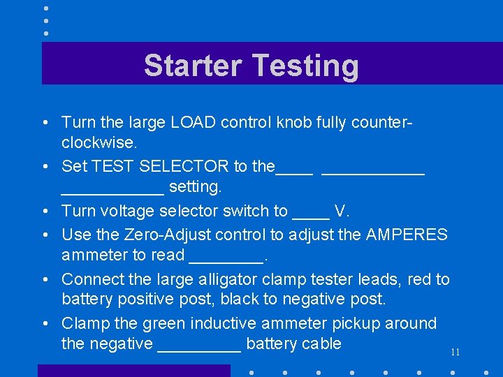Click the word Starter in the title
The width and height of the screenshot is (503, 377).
[x=193, y=66]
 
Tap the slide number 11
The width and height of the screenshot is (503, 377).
[x=455, y=352]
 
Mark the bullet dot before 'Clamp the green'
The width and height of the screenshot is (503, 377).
[x=44, y=324]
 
